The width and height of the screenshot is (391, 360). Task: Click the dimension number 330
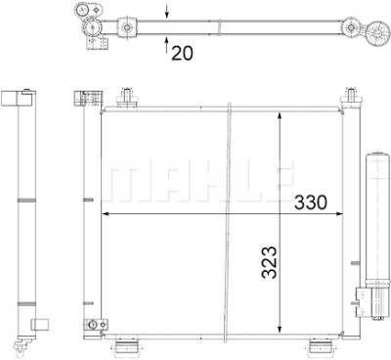point(310,202)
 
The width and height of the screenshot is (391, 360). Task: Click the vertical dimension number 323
point(269,262)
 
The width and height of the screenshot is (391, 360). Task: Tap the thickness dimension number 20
point(182,53)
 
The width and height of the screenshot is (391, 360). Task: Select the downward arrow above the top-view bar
point(167,11)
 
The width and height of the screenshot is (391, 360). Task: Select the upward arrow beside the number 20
point(167,45)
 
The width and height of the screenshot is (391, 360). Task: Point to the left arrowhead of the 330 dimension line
point(106,214)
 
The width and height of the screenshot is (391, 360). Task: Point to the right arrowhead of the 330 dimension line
point(339,214)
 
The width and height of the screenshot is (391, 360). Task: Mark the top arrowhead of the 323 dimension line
point(280,116)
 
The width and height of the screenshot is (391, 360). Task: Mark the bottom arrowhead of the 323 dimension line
point(280,329)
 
